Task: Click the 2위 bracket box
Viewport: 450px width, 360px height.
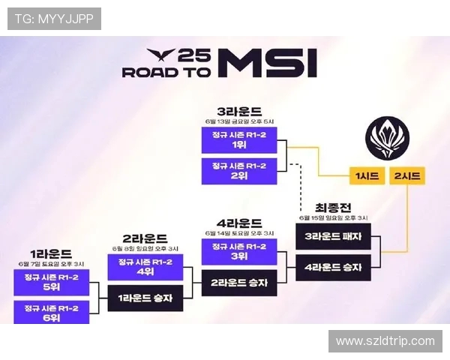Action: tap(239, 171)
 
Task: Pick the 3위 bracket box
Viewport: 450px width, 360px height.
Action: tap(239, 250)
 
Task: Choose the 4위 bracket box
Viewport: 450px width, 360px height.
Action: tap(145, 267)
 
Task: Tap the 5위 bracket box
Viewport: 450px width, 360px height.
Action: tap(51, 283)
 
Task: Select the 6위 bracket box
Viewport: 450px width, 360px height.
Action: tap(51, 312)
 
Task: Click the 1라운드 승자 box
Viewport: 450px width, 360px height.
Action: tap(145, 298)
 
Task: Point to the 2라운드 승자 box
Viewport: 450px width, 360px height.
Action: tap(239, 282)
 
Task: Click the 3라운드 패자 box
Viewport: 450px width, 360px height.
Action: tap(334, 236)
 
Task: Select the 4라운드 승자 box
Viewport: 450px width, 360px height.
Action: tap(334, 267)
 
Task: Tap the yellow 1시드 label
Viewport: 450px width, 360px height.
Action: tap(367, 177)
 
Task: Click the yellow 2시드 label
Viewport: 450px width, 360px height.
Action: tap(406, 177)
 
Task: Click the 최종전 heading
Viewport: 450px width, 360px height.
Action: tap(334, 208)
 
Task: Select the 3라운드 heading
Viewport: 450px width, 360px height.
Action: tap(238, 109)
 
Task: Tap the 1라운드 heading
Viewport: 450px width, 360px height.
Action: tap(51, 253)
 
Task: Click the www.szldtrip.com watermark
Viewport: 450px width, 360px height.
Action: tap(385, 341)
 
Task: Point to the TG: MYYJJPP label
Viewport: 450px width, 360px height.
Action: tap(55, 19)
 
